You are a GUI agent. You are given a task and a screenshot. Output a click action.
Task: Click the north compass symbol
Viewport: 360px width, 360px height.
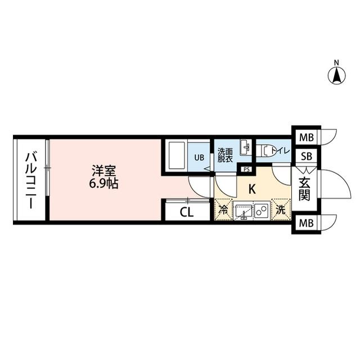(336, 75)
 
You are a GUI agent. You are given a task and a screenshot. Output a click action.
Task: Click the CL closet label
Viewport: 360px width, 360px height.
(187, 213)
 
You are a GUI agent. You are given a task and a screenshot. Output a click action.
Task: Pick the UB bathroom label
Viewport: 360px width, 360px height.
(200, 157)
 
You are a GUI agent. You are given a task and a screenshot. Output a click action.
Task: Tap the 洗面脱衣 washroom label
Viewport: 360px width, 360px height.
(226, 155)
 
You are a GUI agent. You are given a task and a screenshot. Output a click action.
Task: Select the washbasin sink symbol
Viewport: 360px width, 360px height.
(246, 147)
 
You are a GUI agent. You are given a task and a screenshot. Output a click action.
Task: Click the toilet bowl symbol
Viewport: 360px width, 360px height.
(264, 150)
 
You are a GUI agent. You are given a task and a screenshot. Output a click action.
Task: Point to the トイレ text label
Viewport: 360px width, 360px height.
(280, 151)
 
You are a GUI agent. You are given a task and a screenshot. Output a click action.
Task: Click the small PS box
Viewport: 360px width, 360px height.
(246, 169)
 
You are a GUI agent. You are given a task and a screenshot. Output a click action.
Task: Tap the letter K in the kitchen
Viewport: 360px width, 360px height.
(252, 190)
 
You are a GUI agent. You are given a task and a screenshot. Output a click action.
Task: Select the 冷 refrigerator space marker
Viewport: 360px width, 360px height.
(223, 211)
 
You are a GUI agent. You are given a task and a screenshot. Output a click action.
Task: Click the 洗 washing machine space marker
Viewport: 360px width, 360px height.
(280, 211)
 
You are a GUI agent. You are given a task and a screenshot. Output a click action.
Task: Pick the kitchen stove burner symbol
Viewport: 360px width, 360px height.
(262, 211)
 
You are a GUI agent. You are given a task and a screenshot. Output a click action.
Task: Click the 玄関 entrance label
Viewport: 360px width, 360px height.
(304, 188)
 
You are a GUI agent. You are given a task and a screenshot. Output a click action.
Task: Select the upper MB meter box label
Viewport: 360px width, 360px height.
(305, 137)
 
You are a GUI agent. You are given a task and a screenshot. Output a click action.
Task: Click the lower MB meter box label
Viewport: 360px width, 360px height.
(305, 223)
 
